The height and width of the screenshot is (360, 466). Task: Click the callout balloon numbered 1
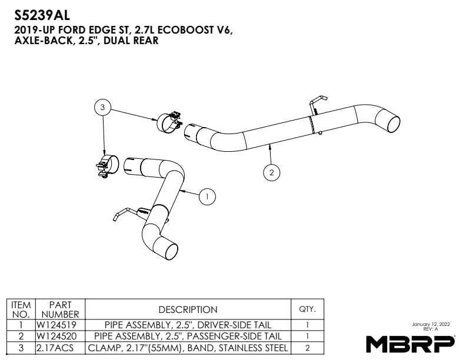(207, 196)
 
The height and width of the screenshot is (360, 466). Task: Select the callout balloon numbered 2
(272, 172)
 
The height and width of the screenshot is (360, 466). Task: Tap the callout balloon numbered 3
(102, 107)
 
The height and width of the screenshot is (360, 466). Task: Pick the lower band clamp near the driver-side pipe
(107, 166)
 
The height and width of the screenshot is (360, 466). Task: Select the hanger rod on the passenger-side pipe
(315, 104)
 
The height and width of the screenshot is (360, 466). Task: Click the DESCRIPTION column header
(188, 309)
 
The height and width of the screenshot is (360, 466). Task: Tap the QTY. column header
(307, 309)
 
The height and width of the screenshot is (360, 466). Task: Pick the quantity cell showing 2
(307, 348)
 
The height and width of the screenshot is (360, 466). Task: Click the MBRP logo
(411, 344)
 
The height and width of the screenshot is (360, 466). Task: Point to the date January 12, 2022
(431, 324)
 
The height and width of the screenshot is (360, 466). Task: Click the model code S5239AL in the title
(42, 16)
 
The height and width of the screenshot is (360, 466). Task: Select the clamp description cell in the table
(188, 348)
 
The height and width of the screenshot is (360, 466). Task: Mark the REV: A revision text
(431, 329)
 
